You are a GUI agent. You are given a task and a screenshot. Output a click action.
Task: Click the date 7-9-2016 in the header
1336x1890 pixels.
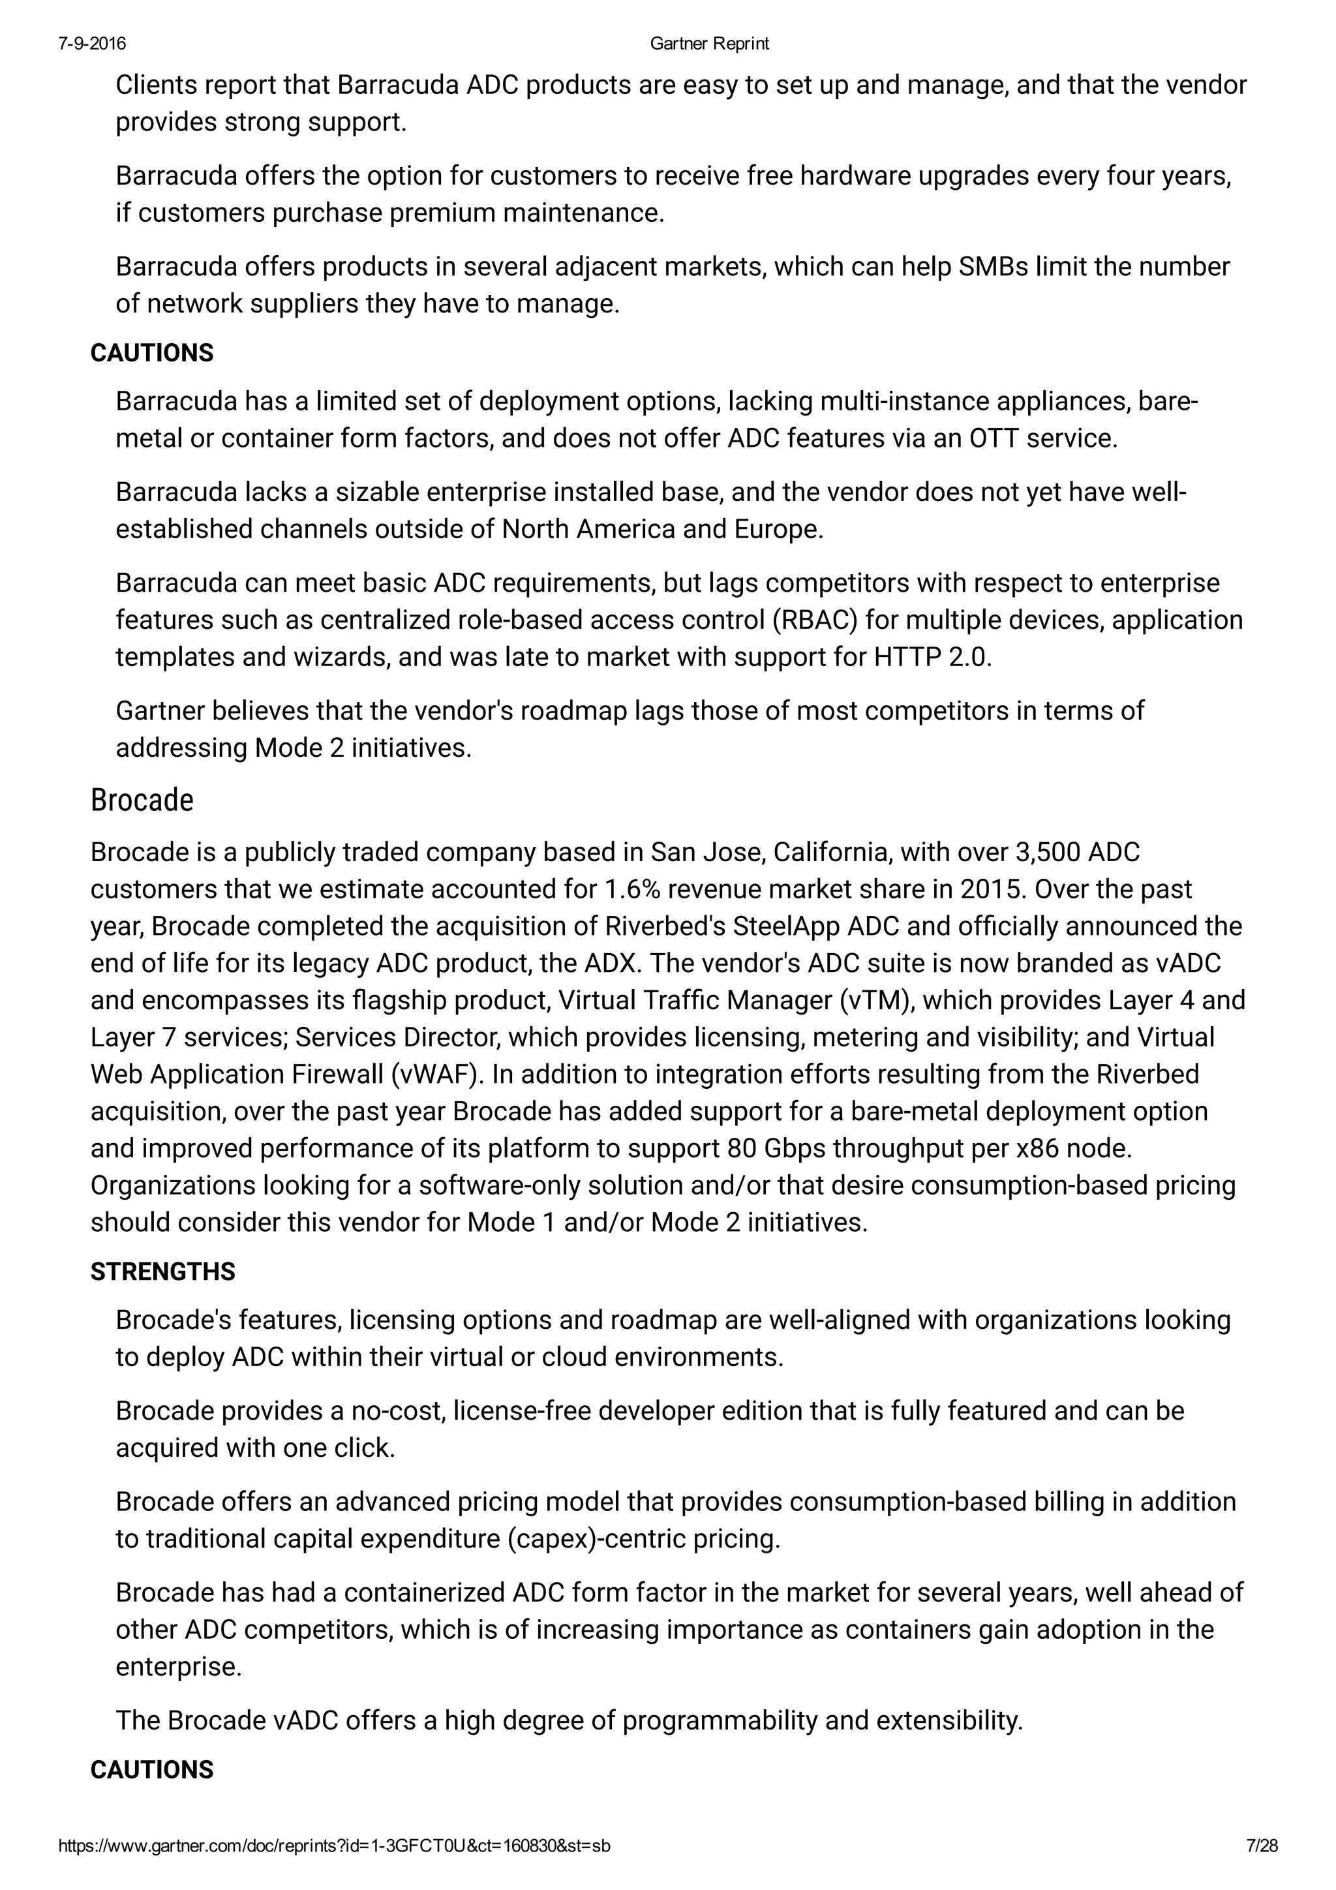click(x=92, y=44)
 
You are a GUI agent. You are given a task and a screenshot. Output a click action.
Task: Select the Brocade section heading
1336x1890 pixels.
click(x=142, y=800)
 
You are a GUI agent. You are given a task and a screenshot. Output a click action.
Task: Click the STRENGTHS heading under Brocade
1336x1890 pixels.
click(x=162, y=1272)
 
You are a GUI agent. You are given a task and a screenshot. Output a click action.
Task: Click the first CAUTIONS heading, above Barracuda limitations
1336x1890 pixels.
click(x=151, y=353)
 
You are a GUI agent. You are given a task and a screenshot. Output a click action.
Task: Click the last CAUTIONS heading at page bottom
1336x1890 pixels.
click(x=151, y=1770)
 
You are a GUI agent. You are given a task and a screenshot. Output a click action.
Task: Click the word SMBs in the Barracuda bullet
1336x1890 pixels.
click(x=994, y=267)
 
